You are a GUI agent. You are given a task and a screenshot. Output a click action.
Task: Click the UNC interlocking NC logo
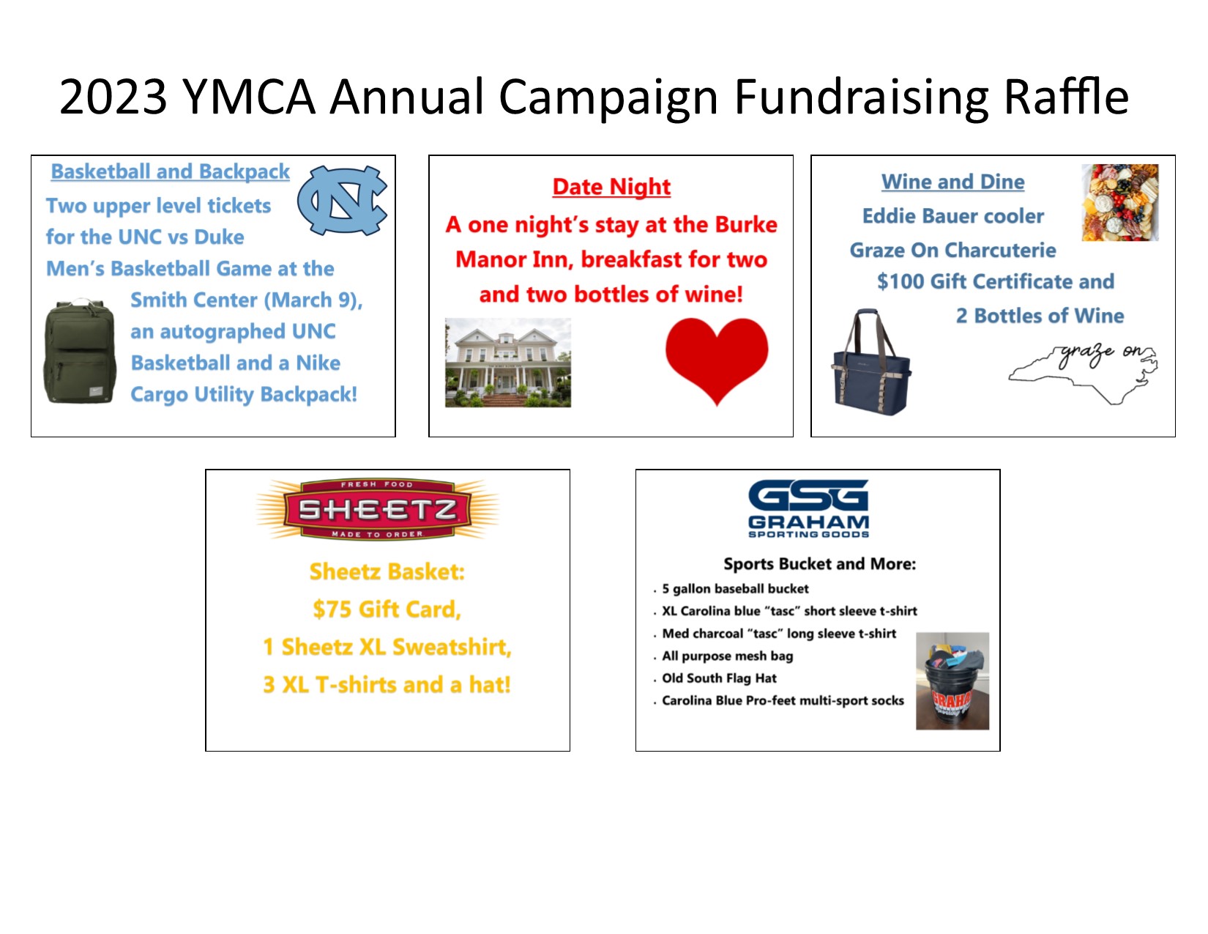[x=342, y=199]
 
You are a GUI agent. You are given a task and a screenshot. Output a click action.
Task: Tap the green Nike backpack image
[x=81, y=352]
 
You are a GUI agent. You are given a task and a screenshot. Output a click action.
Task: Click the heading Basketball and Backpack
[x=170, y=171]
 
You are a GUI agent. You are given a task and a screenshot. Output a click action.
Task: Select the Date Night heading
[x=611, y=187]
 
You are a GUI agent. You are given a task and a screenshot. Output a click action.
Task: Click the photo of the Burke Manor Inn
[x=508, y=363]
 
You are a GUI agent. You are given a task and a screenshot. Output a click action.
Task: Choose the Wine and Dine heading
[x=952, y=182]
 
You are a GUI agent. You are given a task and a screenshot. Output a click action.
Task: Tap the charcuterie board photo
[x=1120, y=202]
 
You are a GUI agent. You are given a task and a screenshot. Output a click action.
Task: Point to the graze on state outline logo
[x=1084, y=372]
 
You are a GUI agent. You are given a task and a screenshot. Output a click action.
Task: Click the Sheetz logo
[x=378, y=509]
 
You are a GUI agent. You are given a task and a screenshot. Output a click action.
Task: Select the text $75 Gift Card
[x=387, y=609]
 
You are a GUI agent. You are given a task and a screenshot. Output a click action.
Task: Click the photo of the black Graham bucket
[x=952, y=681]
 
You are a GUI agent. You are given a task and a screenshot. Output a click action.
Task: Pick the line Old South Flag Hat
[x=719, y=678]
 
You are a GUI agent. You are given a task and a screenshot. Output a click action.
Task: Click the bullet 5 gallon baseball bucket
[x=735, y=589]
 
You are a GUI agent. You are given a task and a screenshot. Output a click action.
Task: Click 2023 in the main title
[x=113, y=97]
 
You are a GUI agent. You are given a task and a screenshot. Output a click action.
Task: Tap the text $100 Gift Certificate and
[x=995, y=282]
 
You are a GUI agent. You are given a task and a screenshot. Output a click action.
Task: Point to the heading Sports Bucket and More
[x=819, y=564]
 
